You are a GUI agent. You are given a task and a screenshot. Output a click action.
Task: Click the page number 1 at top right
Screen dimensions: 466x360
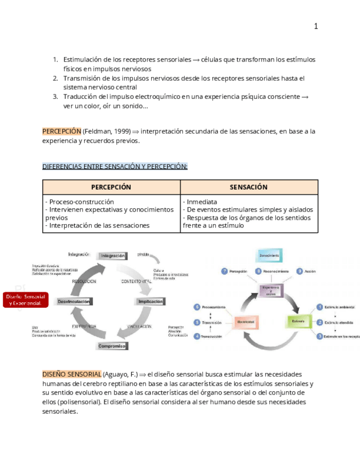[x=316, y=26]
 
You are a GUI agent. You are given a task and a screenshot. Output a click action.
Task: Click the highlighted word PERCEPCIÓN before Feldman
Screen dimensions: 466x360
[x=62, y=131]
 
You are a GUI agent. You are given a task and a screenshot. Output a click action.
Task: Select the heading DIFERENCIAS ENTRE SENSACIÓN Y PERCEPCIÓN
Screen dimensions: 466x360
[x=115, y=167]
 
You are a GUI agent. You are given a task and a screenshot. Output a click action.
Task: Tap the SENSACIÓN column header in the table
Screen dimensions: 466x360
[x=248, y=187]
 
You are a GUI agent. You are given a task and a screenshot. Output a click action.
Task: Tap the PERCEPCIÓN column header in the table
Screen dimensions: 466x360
[x=111, y=187]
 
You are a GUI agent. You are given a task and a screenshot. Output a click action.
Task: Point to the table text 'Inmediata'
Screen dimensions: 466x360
[x=202, y=202]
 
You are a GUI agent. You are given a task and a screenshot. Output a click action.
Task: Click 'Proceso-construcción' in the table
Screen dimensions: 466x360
[x=81, y=202]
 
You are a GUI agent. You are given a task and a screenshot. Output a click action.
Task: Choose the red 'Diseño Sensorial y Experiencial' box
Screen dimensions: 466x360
[x=26, y=300]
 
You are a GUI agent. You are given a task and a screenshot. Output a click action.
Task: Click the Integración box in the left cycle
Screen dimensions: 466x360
[x=113, y=256]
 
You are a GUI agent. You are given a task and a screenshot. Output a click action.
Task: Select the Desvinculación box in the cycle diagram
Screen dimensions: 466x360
[x=74, y=301]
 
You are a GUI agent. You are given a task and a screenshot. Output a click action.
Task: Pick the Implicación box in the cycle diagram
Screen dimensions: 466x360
[x=150, y=301]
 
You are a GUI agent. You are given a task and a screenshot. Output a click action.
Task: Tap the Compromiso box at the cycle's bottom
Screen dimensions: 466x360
[x=112, y=346]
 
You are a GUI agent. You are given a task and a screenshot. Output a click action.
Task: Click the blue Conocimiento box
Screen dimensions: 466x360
[x=270, y=255]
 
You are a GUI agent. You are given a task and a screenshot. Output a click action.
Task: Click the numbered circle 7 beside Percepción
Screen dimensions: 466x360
[x=224, y=271]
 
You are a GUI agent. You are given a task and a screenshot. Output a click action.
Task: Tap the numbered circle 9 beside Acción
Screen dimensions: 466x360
[x=300, y=271]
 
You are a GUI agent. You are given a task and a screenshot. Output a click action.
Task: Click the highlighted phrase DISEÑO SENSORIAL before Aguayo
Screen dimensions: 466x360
[x=72, y=374]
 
